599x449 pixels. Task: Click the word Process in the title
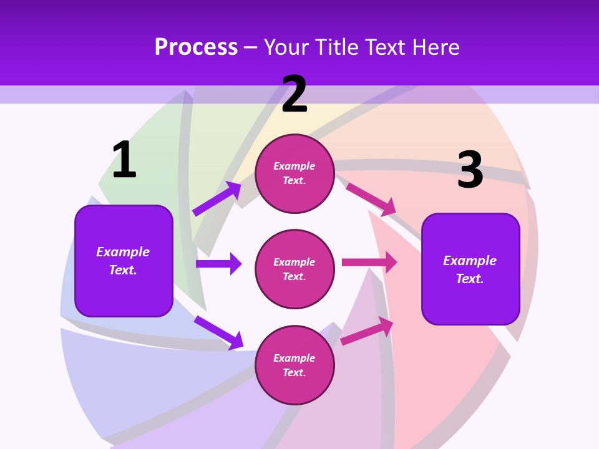coord(196,47)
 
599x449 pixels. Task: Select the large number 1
coord(124,160)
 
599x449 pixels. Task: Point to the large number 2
coord(295,94)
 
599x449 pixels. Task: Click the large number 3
coord(470,170)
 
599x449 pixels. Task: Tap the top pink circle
coord(295,173)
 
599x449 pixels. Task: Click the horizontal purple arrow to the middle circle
coord(218,264)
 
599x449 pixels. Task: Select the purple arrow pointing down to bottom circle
coord(218,332)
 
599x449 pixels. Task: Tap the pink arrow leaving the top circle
coord(371,199)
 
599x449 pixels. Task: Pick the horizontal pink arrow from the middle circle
coord(369,263)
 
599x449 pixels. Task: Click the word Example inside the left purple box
coord(123,252)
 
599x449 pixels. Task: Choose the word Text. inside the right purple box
coord(470,279)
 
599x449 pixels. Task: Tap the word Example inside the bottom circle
coord(294,358)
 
